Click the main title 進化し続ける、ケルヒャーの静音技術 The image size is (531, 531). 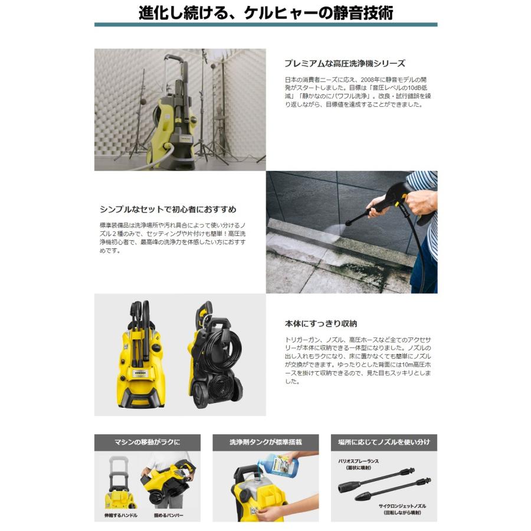pyautogui.click(x=265, y=12)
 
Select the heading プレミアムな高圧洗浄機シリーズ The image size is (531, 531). pyautogui.click(x=345, y=63)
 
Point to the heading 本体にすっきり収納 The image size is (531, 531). pyautogui.click(x=320, y=324)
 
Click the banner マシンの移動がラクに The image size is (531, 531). pyautogui.click(x=147, y=442)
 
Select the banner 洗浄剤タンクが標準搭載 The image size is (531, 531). pyautogui.click(x=265, y=442)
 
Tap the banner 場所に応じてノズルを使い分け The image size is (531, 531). pyautogui.click(x=383, y=442)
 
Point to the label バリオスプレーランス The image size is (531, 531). pyautogui.click(x=358, y=460)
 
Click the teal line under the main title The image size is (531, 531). pyautogui.click(x=265, y=25)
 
